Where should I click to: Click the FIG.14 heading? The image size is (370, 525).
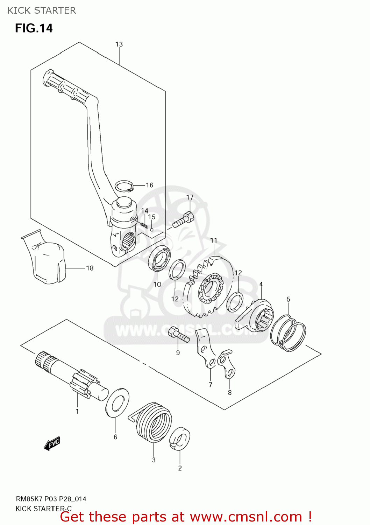click(34, 28)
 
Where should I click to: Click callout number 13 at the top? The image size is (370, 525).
click(119, 44)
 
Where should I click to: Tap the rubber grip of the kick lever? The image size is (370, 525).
click(65, 86)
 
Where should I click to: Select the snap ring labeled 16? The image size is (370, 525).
click(124, 186)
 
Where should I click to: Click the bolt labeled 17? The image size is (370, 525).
click(183, 220)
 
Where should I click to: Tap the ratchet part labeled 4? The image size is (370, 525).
click(255, 315)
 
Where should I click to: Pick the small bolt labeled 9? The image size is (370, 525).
click(178, 334)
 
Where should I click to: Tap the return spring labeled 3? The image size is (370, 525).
click(154, 422)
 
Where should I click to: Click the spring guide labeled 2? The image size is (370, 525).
click(180, 439)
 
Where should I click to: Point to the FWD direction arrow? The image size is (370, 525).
click(52, 443)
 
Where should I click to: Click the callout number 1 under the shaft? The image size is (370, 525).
click(77, 411)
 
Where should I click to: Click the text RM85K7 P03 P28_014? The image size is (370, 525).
click(51, 499)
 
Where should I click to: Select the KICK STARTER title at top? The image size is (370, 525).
click(41, 10)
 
